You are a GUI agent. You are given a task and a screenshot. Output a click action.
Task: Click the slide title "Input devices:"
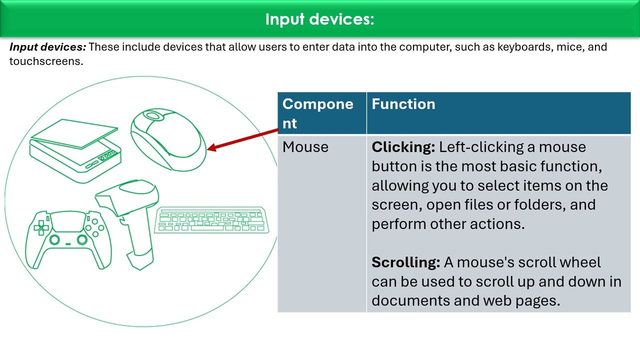[319, 19]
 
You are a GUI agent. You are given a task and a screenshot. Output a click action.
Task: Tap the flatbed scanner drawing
[75, 150]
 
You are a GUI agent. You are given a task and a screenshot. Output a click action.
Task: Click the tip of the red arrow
[208, 147]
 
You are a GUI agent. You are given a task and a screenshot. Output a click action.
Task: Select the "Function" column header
[403, 104]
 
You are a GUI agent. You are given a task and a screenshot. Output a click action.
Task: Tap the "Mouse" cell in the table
[305, 147]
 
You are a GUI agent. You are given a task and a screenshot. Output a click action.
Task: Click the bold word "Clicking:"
[403, 147]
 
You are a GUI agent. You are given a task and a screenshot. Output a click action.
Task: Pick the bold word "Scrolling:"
[405, 262]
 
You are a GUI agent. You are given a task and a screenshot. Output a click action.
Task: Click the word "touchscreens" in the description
[45, 61]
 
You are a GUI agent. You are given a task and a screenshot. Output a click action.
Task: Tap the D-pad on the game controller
[41, 228]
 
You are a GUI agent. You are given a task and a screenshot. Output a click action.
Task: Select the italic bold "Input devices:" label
[47, 47]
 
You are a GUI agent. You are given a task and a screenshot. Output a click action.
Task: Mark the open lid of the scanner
[75, 132]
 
